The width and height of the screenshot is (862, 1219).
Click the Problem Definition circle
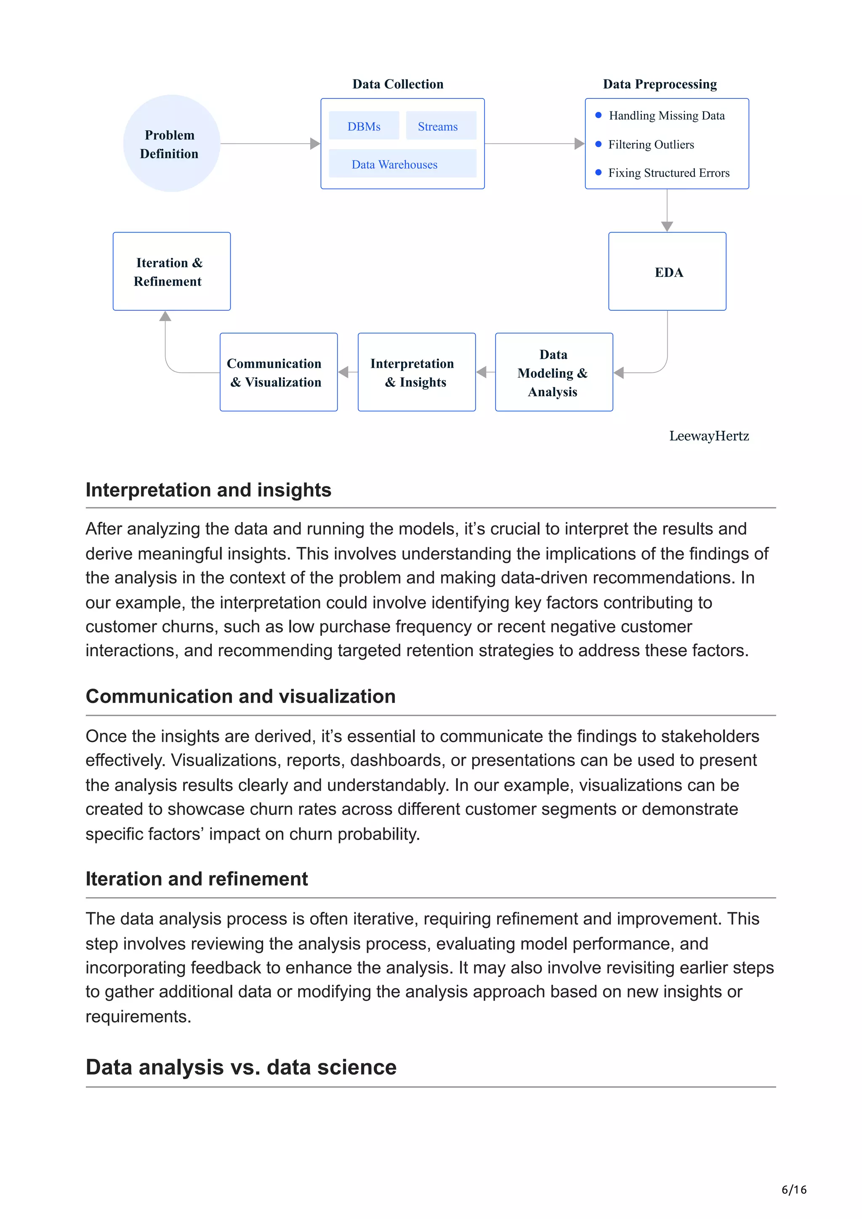click(171, 143)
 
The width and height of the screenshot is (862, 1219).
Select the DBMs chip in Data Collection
click(364, 126)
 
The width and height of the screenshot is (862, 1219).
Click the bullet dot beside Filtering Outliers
click(599, 144)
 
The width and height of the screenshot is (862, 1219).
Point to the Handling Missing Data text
click(667, 116)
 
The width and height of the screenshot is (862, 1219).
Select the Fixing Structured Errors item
click(669, 173)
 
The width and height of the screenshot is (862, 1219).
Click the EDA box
click(667, 272)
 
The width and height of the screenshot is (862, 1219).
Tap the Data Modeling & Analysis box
click(553, 373)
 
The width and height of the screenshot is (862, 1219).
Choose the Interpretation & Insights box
click(416, 373)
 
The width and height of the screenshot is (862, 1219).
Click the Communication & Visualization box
click(278, 373)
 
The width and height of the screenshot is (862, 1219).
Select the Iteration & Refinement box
click(171, 272)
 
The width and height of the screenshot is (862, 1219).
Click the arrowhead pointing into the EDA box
click(667, 227)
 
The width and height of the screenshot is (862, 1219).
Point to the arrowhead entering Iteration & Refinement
click(165, 316)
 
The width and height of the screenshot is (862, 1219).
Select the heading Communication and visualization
click(241, 696)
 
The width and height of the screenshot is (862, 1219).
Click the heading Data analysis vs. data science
click(241, 1067)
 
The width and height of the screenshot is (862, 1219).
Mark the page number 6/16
click(793, 1189)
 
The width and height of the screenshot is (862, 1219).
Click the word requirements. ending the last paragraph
click(138, 1016)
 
